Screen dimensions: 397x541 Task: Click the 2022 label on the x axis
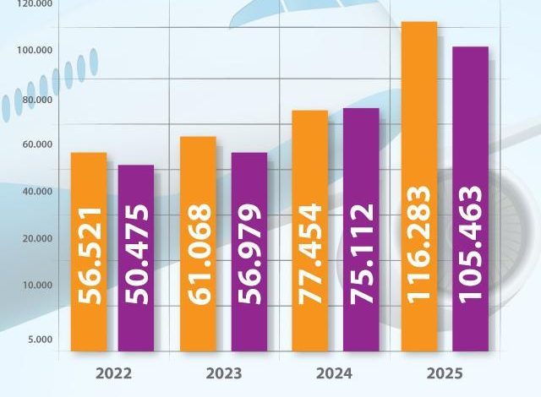114,373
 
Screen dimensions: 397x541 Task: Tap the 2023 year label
223,373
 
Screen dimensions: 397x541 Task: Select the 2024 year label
336,373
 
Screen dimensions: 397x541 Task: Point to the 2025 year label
445,373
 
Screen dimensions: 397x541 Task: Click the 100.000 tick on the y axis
36,51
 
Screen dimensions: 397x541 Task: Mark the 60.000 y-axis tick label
36,145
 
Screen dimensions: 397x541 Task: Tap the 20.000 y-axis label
36,239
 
